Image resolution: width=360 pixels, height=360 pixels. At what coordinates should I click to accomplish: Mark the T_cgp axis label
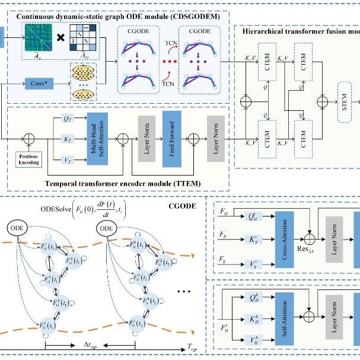click(194, 345)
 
